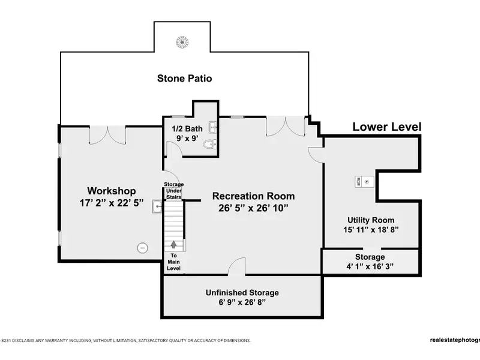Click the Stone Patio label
coord(185,79)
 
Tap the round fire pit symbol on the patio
coord(182,42)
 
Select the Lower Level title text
coord(387,127)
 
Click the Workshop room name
coord(112,191)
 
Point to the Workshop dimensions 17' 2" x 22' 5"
coord(112,203)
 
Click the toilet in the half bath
coord(209,144)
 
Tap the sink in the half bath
coord(213,127)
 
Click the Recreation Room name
coord(253,196)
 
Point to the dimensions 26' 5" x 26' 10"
coord(253,208)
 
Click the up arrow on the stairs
coord(173,244)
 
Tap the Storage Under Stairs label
coord(174,191)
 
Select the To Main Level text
coord(173,262)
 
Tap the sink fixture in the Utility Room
coord(364,182)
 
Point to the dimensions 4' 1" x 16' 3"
coord(370,266)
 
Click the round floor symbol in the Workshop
coord(142,248)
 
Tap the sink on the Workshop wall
coord(157,206)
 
